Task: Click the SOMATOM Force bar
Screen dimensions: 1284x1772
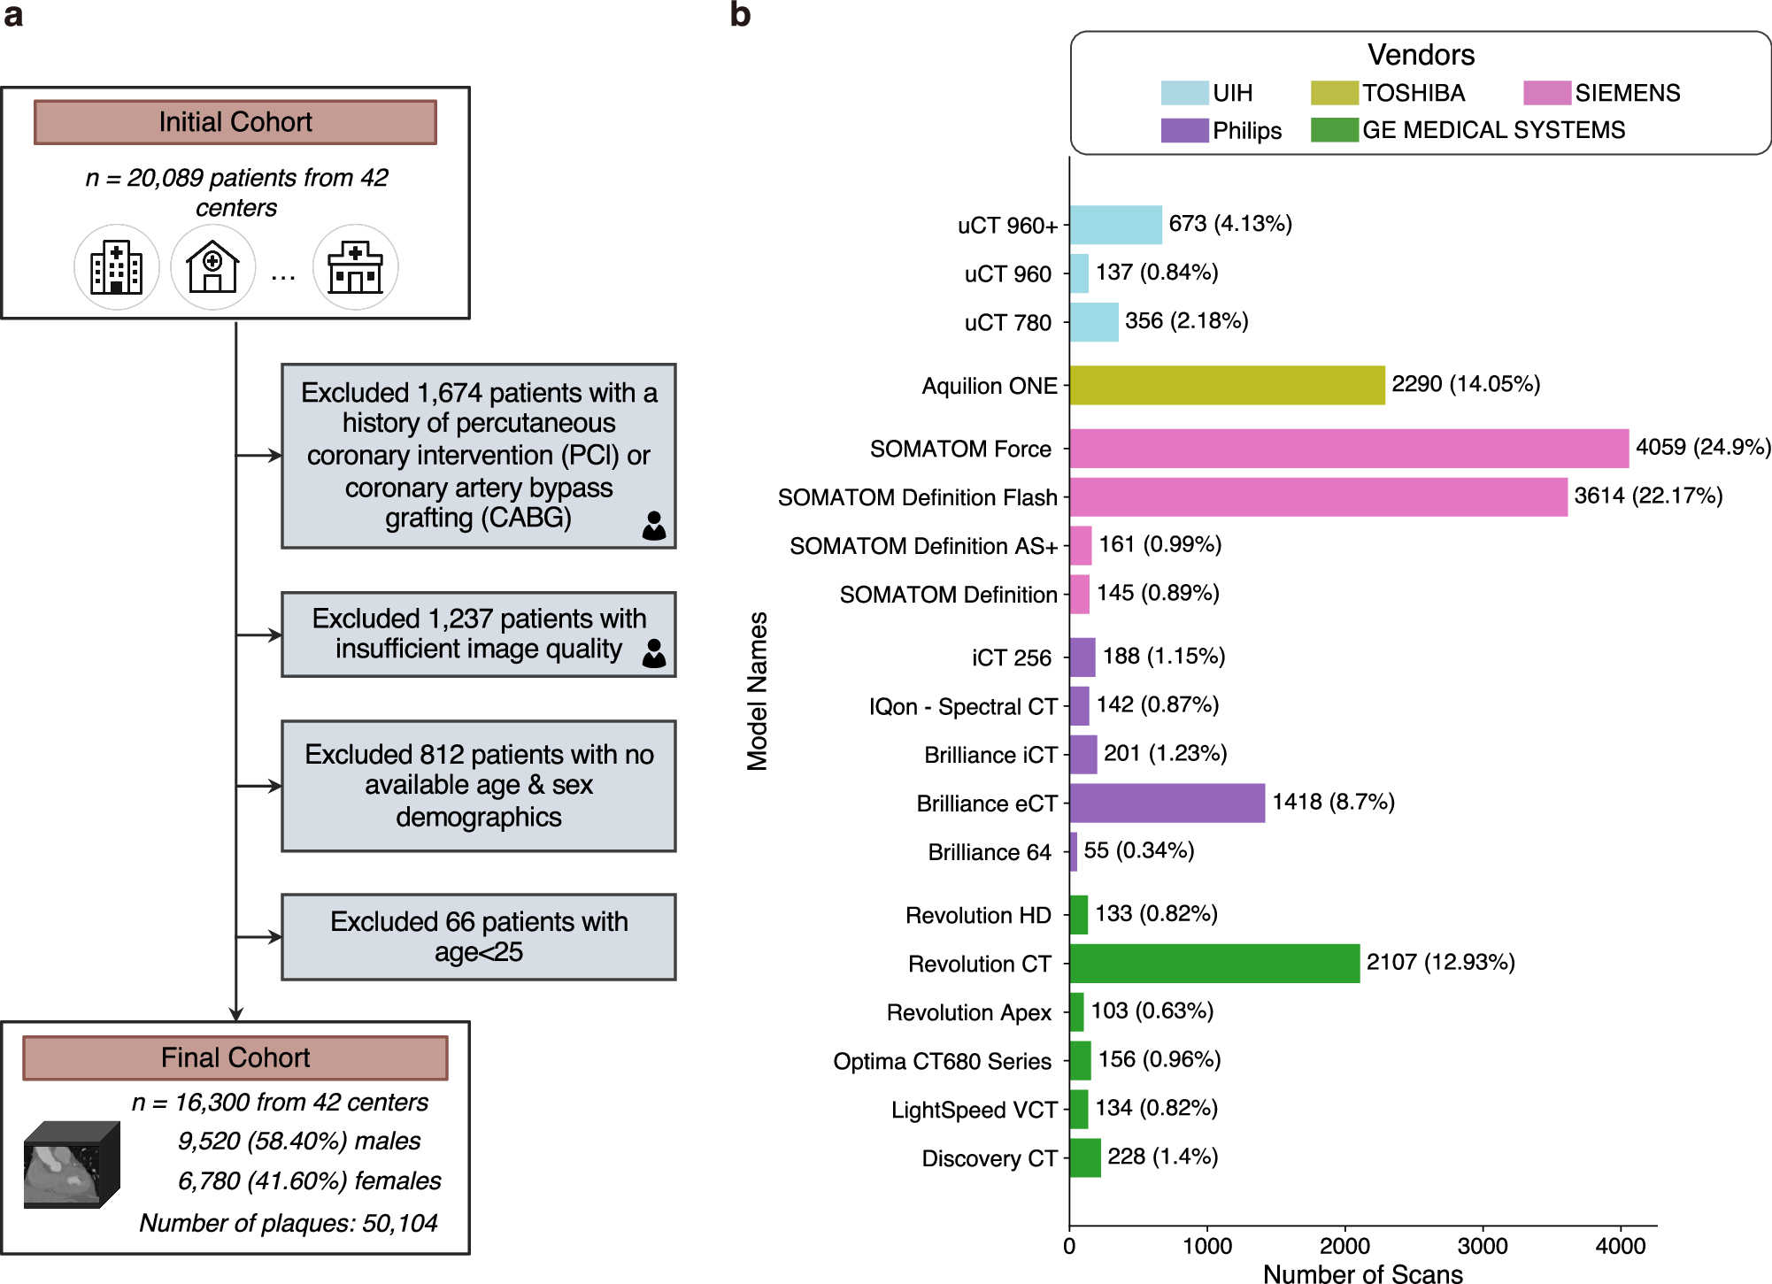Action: click(1348, 449)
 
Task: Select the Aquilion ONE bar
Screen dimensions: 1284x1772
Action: click(1227, 385)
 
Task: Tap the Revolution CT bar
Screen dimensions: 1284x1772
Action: click(1213, 963)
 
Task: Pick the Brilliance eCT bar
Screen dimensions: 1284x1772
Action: click(1167, 803)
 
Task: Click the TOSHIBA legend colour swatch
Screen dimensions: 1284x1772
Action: click(1334, 93)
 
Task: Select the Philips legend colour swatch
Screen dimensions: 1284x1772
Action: click(1184, 130)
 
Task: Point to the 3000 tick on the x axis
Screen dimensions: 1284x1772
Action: click(1483, 1245)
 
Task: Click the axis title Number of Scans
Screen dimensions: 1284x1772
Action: click(1362, 1273)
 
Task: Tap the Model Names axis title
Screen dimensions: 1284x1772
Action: click(758, 691)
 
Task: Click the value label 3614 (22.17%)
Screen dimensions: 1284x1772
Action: click(1648, 496)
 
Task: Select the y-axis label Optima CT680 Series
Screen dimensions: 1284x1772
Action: click(942, 1061)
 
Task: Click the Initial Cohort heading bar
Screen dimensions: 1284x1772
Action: click(235, 122)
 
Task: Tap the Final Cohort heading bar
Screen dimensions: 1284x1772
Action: click(235, 1057)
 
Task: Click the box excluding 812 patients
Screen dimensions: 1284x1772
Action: click(479, 786)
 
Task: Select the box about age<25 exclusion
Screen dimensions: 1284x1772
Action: click(479, 937)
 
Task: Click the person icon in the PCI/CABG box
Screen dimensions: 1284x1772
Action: click(654, 526)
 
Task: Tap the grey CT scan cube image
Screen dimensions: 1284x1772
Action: click(71, 1164)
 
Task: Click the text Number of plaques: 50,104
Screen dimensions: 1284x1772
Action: click(289, 1223)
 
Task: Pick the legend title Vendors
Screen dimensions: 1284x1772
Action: click(1421, 55)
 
